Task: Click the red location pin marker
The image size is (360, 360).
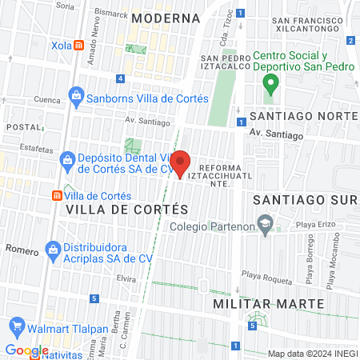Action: [x=180, y=163]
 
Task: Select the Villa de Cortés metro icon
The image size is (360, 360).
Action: [x=58, y=196]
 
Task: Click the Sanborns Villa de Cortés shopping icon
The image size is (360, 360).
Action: [x=76, y=98]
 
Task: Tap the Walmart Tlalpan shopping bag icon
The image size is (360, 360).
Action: [x=18, y=326]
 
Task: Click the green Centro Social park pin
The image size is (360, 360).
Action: [x=271, y=82]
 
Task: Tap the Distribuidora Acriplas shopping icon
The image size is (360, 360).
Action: [x=54, y=250]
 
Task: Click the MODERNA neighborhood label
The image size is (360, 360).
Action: [x=166, y=17]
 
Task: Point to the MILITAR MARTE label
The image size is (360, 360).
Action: [x=269, y=304]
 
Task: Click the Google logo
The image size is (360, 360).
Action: [x=26, y=350]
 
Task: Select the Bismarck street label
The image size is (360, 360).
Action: [x=111, y=14]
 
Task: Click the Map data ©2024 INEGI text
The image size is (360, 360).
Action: [x=312, y=354]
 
